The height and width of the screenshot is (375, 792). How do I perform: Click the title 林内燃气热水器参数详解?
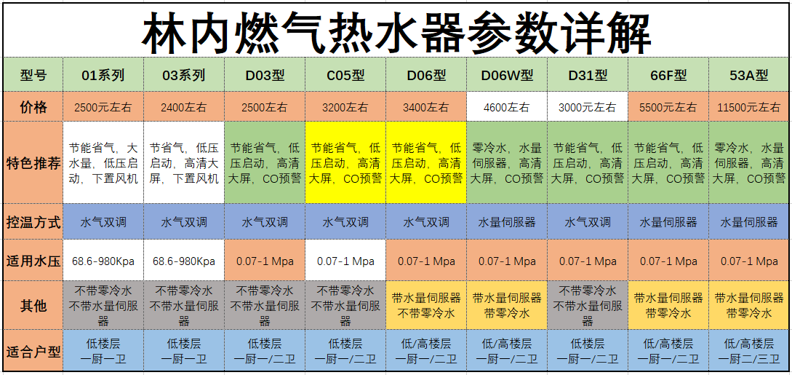pyautogui.click(x=396, y=32)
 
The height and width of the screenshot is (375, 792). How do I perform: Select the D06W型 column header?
pyautogui.click(x=507, y=75)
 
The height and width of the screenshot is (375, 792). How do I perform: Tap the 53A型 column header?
pyautogui.click(x=749, y=75)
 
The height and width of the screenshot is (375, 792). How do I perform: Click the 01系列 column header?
pyautogui.click(x=103, y=75)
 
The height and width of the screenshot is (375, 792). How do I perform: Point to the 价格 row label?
pyautogui.click(x=33, y=107)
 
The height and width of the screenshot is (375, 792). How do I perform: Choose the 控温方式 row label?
pyautogui.click(x=33, y=222)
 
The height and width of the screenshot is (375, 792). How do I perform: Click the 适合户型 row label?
pyautogui.click(x=33, y=350)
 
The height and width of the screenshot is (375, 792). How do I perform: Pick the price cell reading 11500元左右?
pyautogui.click(x=749, y=107)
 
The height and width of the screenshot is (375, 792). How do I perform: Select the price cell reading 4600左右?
pyautogui.click(x=507, y=107)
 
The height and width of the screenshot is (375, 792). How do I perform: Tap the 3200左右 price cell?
pyautogui.click(x=345, y=107)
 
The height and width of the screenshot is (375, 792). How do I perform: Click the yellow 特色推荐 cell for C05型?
pyautogui.click(x=345, y=162)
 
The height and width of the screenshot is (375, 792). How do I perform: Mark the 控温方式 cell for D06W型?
pyautogui.click(x=507, y=222)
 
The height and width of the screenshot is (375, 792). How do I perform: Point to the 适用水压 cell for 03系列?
pyautogui.click(x=184, y=261)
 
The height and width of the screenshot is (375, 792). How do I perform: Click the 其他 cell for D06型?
pyautogui.click(x=425, y=305)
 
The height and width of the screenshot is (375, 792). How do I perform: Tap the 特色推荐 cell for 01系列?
pyautogui.click(x=103, y=162)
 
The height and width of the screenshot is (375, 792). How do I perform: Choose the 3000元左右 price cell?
pyautogui.click(x=588, y=107)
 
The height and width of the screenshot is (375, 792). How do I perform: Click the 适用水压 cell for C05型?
pyautogui.click(x=345, y=261)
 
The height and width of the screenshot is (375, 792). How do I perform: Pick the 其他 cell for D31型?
pyautogui.click(x=588, y=305)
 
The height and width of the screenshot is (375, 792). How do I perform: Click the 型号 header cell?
pyautogui.click(x=33, y=75)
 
